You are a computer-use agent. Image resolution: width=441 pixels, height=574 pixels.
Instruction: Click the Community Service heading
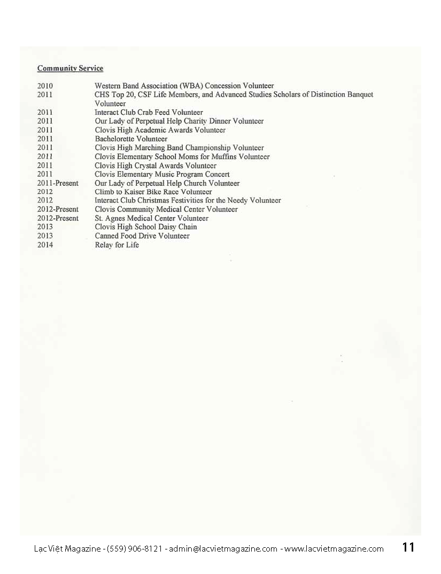(70, 68)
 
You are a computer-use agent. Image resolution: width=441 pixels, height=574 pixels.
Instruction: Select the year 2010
(45, 85)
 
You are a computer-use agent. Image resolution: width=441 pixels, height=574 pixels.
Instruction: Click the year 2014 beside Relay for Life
(45, 245)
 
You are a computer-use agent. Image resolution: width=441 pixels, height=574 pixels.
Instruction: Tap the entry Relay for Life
(117, 245)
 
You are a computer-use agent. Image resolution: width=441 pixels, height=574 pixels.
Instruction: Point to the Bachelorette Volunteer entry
(131, 139)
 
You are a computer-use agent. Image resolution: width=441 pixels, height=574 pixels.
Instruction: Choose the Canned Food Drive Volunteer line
(142, 235)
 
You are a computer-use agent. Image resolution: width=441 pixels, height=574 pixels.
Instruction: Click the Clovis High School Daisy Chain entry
(146, 227)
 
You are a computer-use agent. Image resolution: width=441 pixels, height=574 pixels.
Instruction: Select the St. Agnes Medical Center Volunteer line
(151, 218)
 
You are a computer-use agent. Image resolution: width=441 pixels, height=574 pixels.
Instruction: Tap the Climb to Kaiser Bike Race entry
(153, 192)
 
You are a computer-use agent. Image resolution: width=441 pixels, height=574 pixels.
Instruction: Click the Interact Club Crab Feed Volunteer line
(149, 112)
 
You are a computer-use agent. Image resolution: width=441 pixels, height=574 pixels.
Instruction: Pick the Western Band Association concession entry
(184, 85)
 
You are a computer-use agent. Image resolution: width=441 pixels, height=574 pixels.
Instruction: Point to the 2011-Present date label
(58, 183)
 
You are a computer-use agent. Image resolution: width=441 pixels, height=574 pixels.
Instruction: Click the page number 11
(408, 547)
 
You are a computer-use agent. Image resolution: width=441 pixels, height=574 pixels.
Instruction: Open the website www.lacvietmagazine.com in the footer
(334, 548)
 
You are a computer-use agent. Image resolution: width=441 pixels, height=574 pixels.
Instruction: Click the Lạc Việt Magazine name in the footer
(66, 548)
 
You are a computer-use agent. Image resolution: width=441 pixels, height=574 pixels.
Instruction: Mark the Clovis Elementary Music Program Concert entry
(162, 174)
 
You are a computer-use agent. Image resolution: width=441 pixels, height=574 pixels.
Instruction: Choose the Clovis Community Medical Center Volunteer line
(166, 209)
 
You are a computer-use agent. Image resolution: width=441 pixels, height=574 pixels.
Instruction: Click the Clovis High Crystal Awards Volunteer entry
(156, 166)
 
